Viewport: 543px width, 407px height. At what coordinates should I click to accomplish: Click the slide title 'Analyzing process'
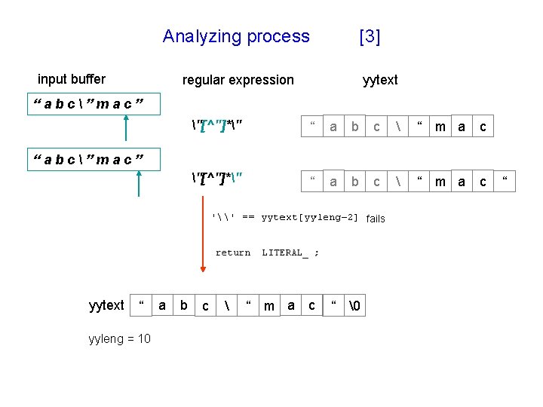236,36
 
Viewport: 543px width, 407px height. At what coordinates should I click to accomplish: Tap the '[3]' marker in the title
370,36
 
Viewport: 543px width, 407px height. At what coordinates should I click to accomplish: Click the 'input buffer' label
72,79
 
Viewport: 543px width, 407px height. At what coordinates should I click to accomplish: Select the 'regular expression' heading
238,80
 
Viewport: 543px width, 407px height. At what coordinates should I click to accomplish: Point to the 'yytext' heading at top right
380,80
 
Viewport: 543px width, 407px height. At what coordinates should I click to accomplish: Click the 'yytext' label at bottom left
106,305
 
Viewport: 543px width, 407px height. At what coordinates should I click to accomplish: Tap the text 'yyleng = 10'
119,338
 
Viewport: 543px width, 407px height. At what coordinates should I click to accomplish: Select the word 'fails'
376,219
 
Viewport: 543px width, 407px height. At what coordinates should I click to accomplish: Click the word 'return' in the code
233,253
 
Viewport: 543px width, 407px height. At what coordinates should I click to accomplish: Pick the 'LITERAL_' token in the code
285,253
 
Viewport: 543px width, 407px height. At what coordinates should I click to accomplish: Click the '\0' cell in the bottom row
355,306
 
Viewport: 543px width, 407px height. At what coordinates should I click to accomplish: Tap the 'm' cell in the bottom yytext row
269,306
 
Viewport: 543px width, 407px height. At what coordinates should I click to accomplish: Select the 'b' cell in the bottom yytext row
184,305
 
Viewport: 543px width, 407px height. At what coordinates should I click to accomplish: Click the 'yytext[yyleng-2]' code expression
309,218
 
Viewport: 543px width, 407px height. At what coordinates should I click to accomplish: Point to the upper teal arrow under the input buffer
126,127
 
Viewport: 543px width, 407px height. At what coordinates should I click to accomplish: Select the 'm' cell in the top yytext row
440,127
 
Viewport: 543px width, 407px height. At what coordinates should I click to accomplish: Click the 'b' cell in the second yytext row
354,182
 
